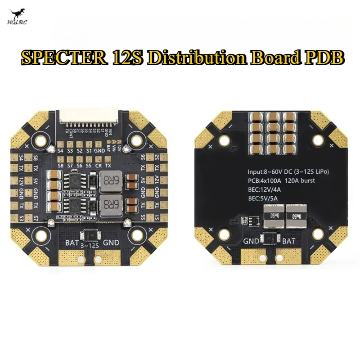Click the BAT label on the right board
[289, 241]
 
